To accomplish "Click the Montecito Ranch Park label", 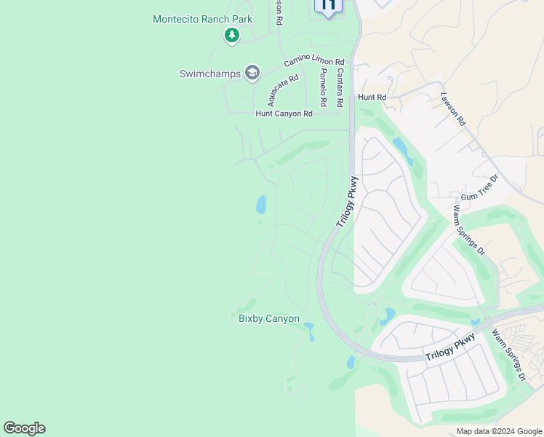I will (x=202, y=19).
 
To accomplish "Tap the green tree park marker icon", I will (x=232, y=35).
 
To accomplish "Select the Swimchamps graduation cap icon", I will (x=252, y=72).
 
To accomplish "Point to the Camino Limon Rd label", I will (x=313, y=61).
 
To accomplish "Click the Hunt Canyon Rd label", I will (x=284, y=114).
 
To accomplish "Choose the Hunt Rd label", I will (x=371, y=97).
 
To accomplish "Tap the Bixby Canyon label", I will (x=269, y=318).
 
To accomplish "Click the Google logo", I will (x=24, y=428).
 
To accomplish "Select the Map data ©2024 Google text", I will (x=499, y=431).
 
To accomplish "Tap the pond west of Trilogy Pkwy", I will (x=261, y=205).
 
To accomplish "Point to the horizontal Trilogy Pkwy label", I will (x=450, y=347).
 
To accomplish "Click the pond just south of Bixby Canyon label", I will (x=311, y=331).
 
